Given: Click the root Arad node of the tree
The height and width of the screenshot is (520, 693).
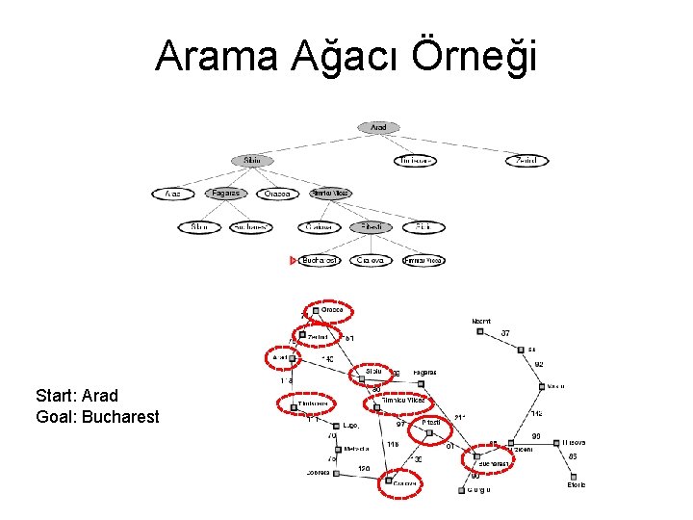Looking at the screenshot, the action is [x=378, y=127].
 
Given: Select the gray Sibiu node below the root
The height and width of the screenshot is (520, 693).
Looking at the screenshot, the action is [x=252, y=160].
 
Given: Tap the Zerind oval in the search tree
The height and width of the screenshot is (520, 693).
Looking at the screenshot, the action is [x=526, y=160].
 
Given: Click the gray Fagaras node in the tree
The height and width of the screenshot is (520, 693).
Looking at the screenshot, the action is [x=226, y=194].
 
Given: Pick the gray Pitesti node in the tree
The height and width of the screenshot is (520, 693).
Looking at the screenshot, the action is [x=371, y=227].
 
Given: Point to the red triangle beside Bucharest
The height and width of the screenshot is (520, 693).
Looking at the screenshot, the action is [x=294, y=260].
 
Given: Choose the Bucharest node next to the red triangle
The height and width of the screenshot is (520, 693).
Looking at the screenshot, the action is [x=320, y=260].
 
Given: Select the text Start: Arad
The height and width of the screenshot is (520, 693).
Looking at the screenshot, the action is [x=77, y=396].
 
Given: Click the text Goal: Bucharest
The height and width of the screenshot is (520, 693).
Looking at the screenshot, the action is [x=97, y=417].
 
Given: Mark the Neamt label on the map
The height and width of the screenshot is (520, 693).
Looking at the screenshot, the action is [x=481, y=321].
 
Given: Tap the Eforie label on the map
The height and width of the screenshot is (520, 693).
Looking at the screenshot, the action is [x=575, y=485].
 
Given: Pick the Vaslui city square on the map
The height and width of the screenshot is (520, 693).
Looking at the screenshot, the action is [x=542, y=386].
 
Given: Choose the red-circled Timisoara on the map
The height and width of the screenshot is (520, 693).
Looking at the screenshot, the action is [x=314, y=404].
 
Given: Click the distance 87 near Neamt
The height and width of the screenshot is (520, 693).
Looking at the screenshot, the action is [x=505, y=333].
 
